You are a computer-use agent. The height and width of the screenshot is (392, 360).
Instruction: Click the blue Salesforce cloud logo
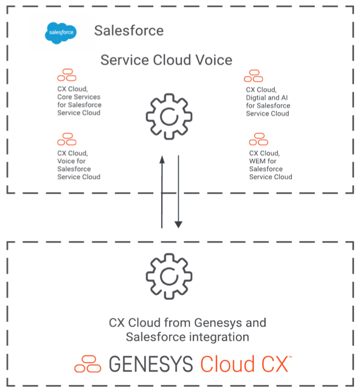coord(60,33)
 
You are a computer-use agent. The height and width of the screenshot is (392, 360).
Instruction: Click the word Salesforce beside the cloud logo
coord(128,30)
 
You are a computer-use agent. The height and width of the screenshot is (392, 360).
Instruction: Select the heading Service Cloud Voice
coord(166,60)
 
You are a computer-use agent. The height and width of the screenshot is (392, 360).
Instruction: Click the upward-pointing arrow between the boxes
coord(162,191)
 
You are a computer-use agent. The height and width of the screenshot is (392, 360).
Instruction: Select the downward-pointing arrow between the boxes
coord(178,191)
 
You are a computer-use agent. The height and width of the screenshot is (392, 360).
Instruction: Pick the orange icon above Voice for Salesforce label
coord(66,139)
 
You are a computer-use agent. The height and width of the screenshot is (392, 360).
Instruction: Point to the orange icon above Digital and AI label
coord(254,75)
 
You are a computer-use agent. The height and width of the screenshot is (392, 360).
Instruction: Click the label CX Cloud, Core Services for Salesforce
coord(79,101)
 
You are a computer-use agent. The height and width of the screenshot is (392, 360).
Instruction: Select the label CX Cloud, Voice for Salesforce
coord(79,164)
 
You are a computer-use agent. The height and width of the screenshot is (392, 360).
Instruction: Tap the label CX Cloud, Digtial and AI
coord(268,101)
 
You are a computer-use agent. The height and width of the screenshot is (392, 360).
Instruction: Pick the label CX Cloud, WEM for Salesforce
coord(270,164)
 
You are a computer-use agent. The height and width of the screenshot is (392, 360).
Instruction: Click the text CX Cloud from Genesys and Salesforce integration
coord(187,330)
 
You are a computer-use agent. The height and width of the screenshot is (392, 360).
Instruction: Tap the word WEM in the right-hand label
coord(257,161)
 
